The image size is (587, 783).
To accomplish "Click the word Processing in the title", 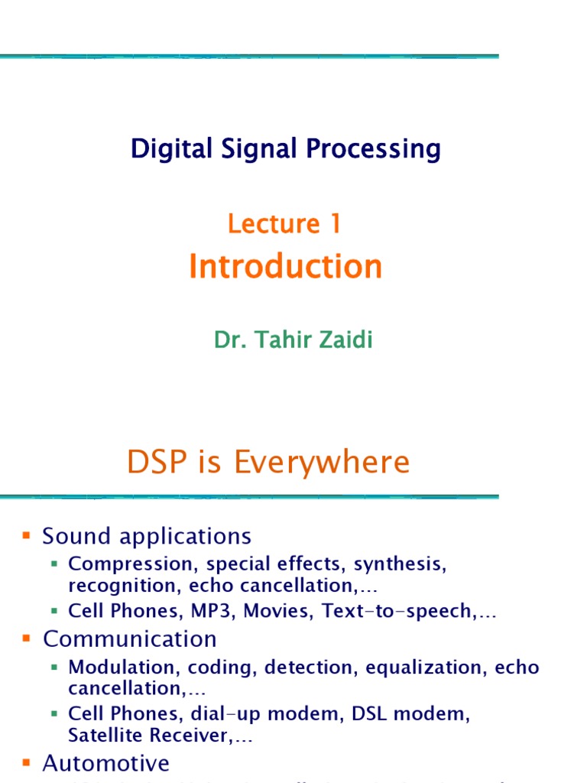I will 374,149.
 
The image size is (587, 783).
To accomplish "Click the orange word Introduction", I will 285,267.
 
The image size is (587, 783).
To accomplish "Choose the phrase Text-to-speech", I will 397,612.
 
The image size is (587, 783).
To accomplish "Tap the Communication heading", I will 129,638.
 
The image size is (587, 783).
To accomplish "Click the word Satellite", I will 105,736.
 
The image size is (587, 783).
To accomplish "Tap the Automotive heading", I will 105,762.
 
